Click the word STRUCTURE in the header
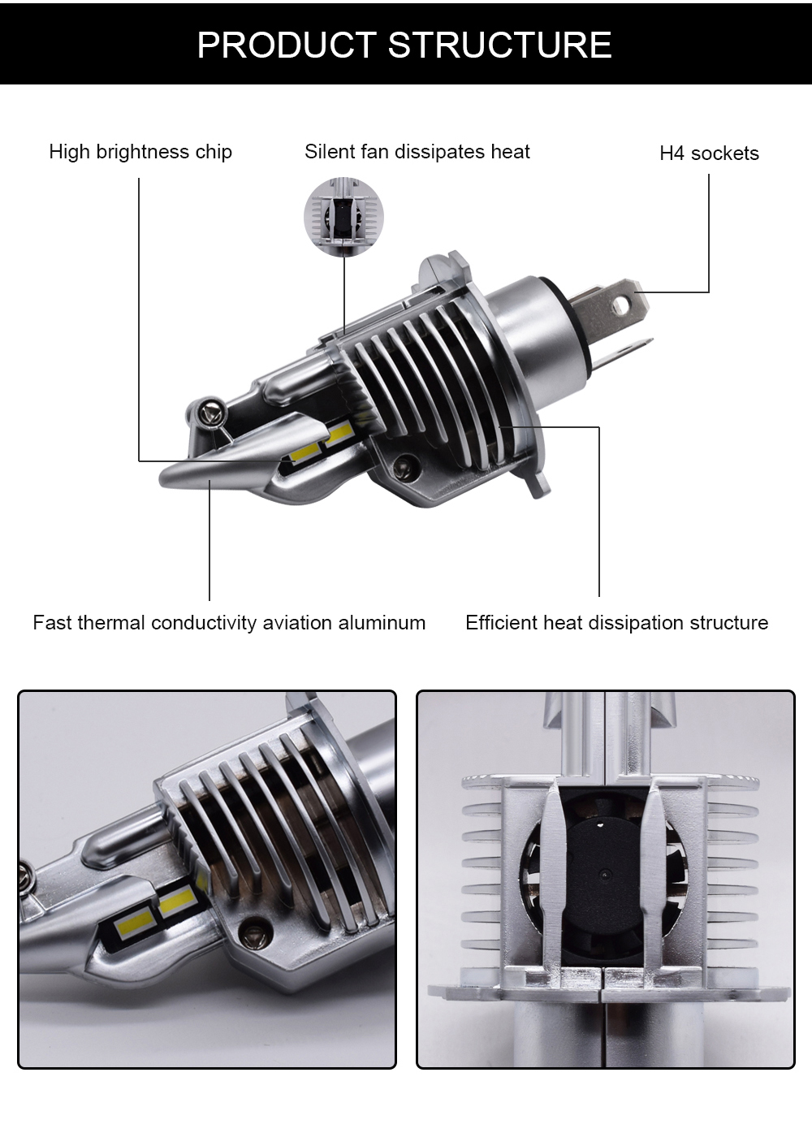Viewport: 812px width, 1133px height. (x=499, y=45)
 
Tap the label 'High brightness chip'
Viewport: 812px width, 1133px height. (x=140, y=152)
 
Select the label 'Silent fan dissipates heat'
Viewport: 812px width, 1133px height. (x=417, y=152)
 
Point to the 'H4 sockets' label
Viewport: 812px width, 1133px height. (x=709, y=154)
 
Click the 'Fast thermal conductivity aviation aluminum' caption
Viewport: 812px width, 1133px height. (x=229, y=623)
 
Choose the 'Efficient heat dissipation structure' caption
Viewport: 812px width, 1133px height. (x=616, y=623)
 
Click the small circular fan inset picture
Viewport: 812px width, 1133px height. (x=343, y=216)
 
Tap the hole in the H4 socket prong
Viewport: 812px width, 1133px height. (x=621, y=305)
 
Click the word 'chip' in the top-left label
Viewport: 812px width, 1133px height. (x=214, y=152)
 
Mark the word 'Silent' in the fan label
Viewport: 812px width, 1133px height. (x=328, y=152)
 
